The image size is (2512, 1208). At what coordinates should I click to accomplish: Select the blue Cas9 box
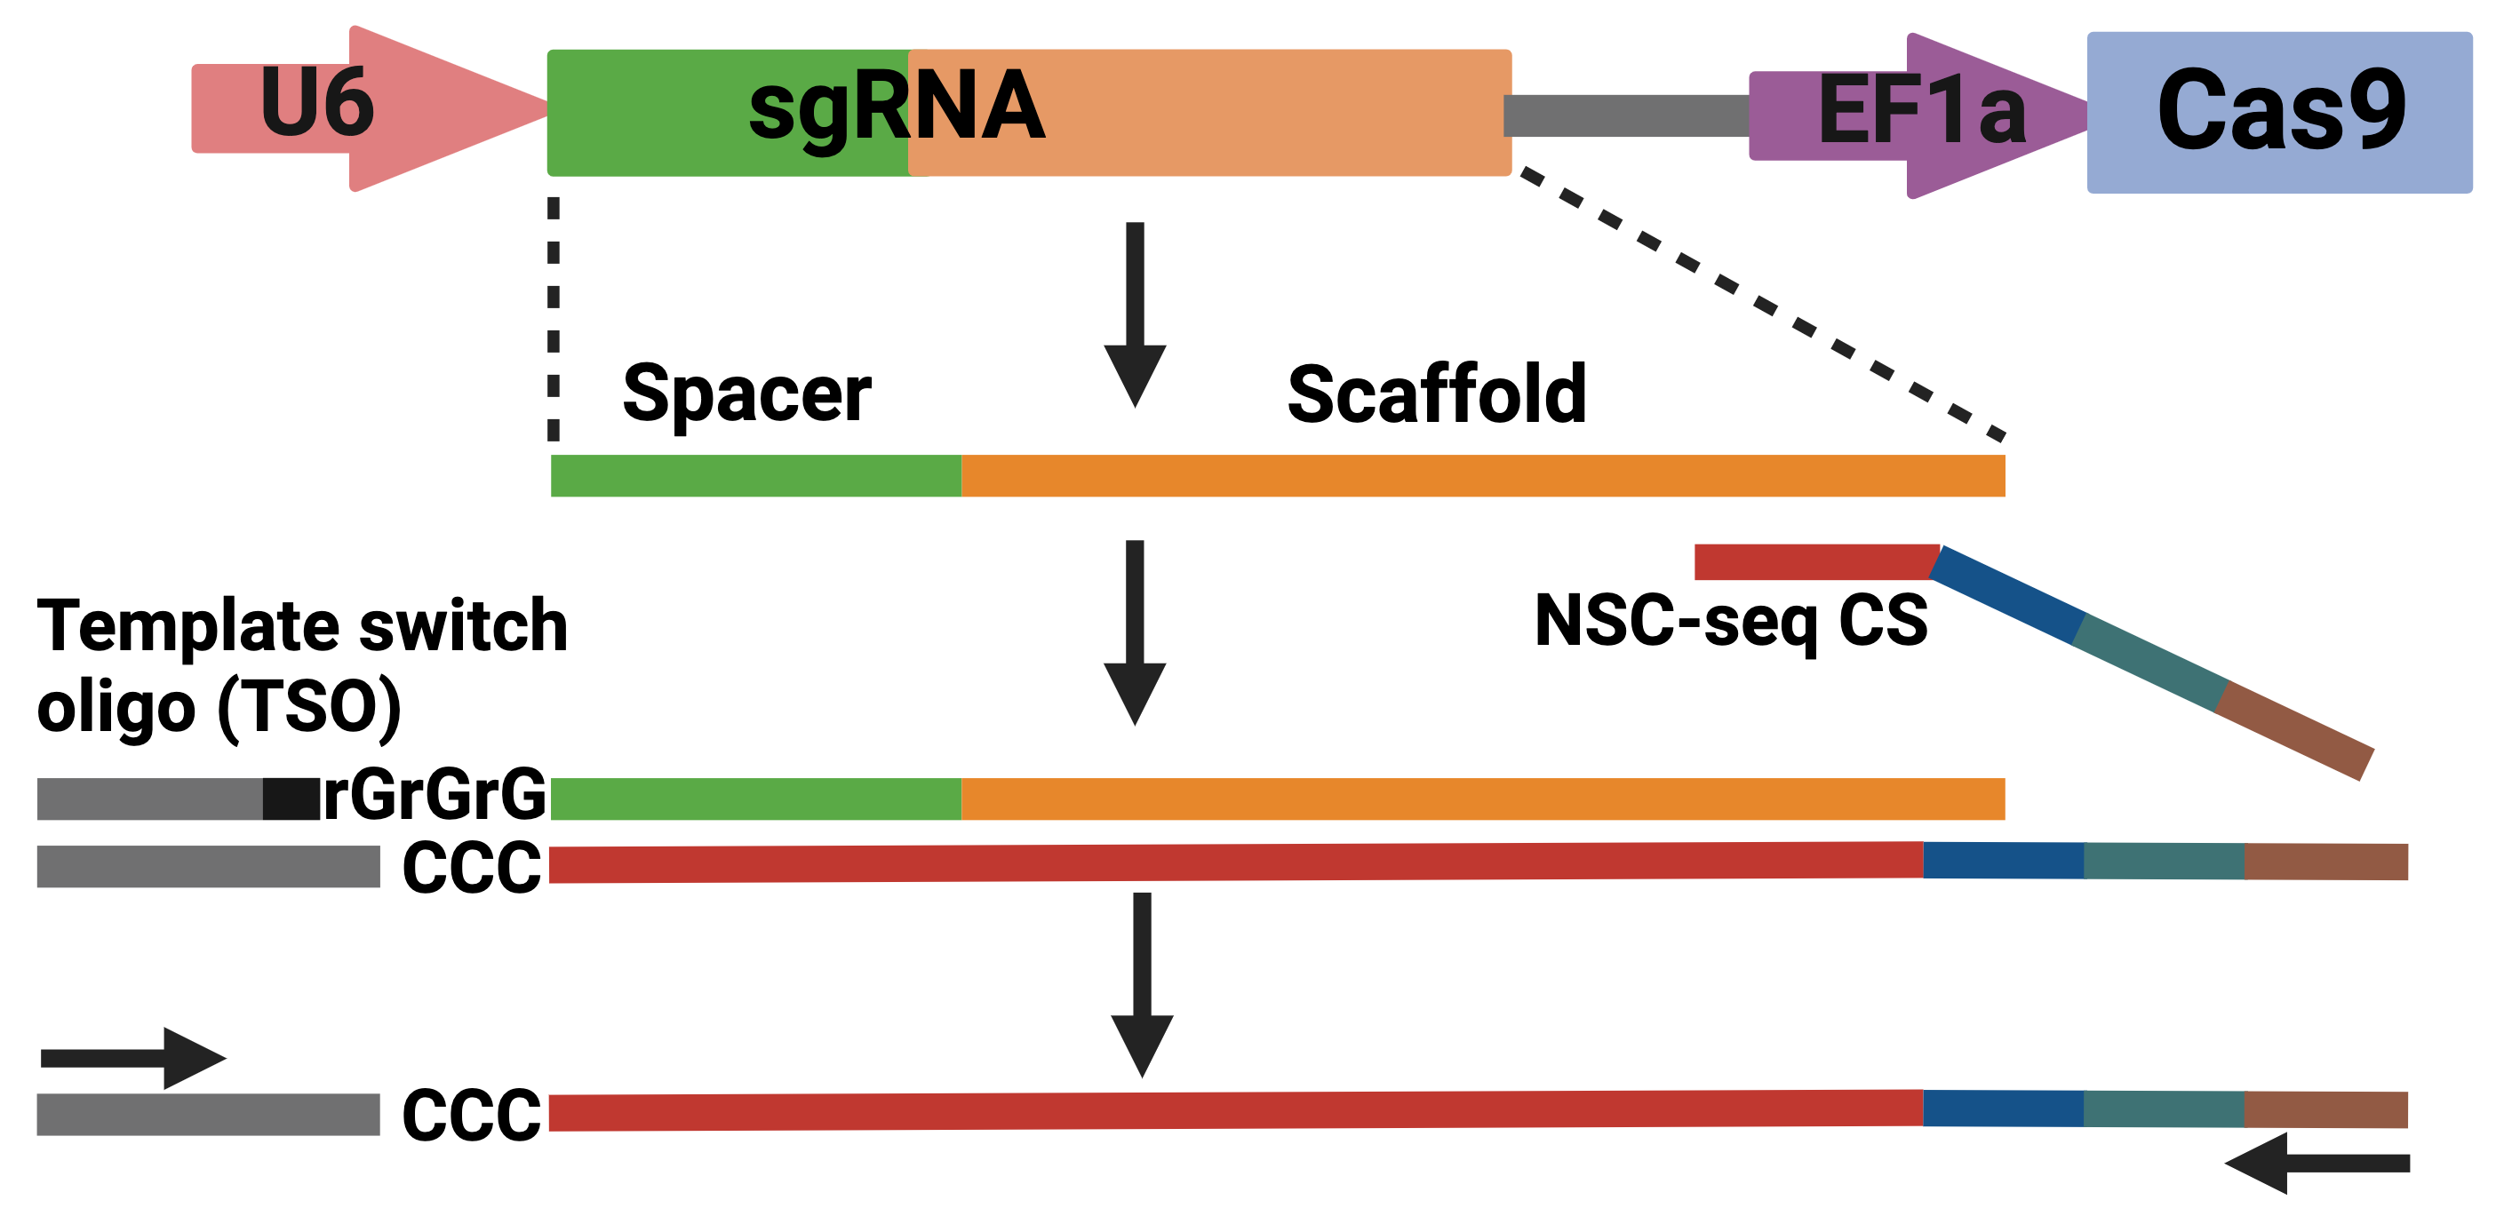click(2280, 112)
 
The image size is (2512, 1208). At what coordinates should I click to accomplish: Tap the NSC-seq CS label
click(1731, 621)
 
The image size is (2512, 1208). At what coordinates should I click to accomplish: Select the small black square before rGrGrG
click(291, 799)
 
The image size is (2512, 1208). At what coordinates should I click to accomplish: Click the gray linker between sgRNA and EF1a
click(1627, 115)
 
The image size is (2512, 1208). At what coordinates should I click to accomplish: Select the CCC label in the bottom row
click(472, 1115)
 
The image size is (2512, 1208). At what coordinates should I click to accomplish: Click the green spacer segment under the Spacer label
click(756, 476)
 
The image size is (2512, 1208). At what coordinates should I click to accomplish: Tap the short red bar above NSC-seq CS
click(1815, 561)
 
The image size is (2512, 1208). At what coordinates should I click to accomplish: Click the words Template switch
click(302, 626)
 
